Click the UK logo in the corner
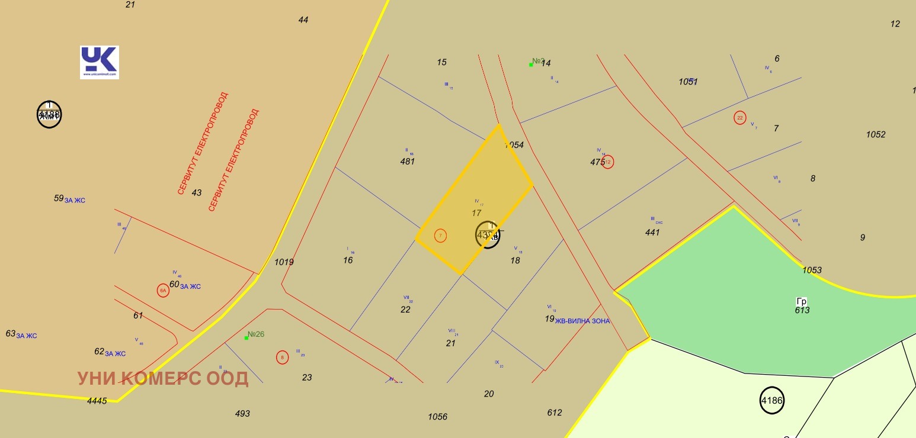pyautogui.click(x=100, y=62)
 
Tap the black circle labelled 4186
pyautogui.click(x=772, y=401)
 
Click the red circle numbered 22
pyautogui.click(x=739, y=118)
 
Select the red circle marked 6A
pyautogui.click(x=163, y=290)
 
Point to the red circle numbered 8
pyautogui.click(x=283, y=358)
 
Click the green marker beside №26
pyautogui.click(x=246, y=338)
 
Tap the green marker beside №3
pyautogui.click(x=531, y=65)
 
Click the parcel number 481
pyautogui.click(x=408, y=161)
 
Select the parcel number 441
pyautogui.click(x=652, y=233)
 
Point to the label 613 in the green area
pyautogui.click(x=802, y=310)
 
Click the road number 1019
pyautogui.click(x=284, y=262)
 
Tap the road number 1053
pyautogui.click(x=812, y=270)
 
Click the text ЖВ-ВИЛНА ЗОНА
pyautogui.click(x=582, y=321)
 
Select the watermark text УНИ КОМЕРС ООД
pyautogui.click(x=163, y=379)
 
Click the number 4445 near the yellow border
pyautogui.click(x=97, y=401)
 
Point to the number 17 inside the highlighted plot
pyautogui.click(x=477, y=212)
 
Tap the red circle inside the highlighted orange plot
pyautogui.click(x=440, y=236)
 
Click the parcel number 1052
pyautogui.click(x=876, y=134)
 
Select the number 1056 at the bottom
pyautogui.click(x=437, y=417)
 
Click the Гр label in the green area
pyautogui.click(x=802, y=301)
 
